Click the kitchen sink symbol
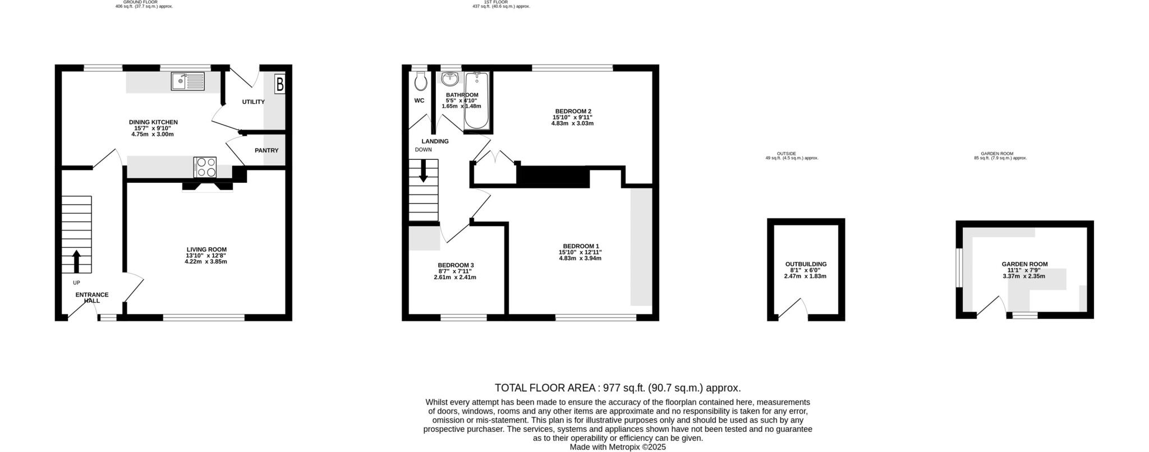point(189,82)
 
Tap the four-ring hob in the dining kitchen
point(205,167)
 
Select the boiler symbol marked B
point(279,85)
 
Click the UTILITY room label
point(253,102)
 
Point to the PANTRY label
point(266,150)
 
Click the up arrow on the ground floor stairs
point(76,261)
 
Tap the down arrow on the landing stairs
point(423,171)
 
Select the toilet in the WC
point(420,82)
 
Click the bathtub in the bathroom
point(477,100)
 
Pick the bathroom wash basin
point(450,79)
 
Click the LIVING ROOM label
point(206,250)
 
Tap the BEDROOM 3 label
point(456,265)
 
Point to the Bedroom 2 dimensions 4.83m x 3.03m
point(572,123)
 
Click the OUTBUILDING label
point(806,264)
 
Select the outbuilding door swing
point(793,308)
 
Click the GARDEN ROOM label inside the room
point(1024,264)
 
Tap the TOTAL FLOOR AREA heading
point(546,388)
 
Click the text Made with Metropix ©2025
point(617,447)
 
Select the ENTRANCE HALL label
point(92,298)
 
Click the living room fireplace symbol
point(208,187)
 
